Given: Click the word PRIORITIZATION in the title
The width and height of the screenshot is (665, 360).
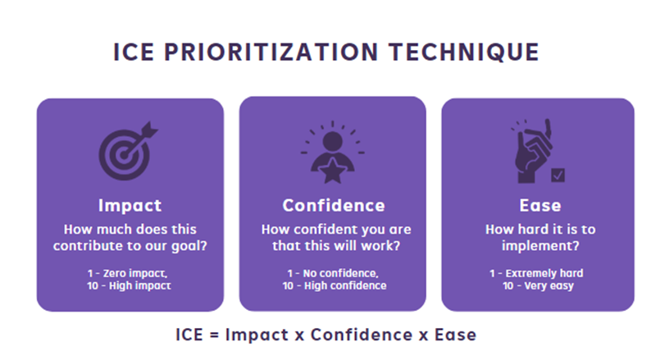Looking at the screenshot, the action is pyautogui.click(x=271, y=52).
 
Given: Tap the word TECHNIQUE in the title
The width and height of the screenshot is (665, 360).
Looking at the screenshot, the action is pyautogui.click(x=464, y=52).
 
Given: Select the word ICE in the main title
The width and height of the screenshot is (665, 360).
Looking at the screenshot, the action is pyautogui.click(x=133, y=52).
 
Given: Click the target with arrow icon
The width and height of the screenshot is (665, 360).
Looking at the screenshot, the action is pyautogui.click(x=128, y=151).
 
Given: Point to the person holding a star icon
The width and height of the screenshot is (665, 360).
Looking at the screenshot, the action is pyautogui.click(x=333, y=153).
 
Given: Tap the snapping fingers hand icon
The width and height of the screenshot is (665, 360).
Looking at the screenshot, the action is pyautogui.click(x=533, y=151).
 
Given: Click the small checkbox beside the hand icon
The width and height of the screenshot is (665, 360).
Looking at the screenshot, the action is pyautogui.click(x=558, y=175).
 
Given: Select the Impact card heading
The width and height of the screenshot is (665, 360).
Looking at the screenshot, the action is pyautogui.click(x=130, y=206).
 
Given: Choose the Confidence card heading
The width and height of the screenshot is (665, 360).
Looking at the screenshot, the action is pyautogui.click(x=334, y=206).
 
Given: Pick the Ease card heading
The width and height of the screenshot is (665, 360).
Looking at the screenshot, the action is pyautogui.click(x=540, y=206).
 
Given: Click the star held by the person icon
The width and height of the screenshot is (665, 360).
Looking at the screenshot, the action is pyautogui.click(x=333, y=171).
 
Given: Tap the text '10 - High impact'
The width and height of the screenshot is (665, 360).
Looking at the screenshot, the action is pyautogui.click(x=129, y=286).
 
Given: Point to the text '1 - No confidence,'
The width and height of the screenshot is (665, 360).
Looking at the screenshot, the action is pyautogui.click(x=333, y=274).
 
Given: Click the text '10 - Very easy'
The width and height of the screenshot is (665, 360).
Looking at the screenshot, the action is pyautogui.click(x=538, y=286).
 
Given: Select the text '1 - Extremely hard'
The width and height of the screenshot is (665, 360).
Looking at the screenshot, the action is pyautogui.click(x=536, y=274).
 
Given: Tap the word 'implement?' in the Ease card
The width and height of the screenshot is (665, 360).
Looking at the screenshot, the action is pyautogui.click(x=540, y=246).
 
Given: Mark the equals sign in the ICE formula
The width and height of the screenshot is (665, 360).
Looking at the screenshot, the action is pyautogui.click(x=214, y=335).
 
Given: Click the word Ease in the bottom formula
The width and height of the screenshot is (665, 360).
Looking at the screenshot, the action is pyautogui.click(x=455, y=335).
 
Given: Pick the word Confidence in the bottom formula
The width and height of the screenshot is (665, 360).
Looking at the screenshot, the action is pyautogui.click(x=362, y=335).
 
